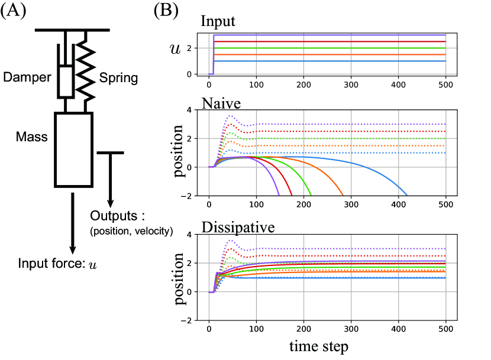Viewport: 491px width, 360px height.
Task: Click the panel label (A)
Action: [14, 12]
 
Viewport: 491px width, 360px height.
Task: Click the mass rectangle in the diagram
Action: [73, 149]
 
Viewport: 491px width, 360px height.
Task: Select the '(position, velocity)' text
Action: [131, 231]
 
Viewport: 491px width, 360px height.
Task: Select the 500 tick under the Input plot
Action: [445, 85]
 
